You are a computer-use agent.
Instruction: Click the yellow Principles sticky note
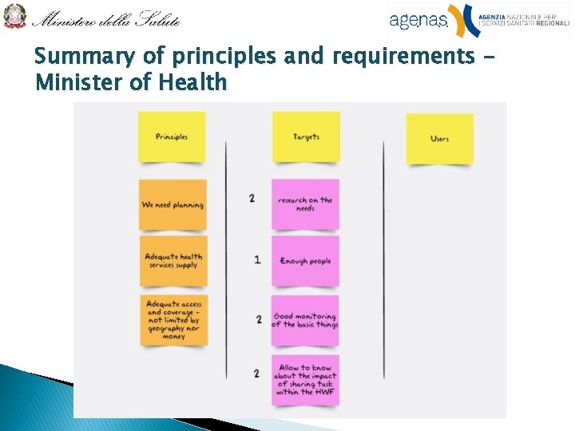coord(172,136)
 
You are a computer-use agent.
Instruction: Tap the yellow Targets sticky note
coord(306,136)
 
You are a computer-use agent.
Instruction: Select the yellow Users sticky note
coord(439,138)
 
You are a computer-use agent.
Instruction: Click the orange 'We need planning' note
coord(172,205)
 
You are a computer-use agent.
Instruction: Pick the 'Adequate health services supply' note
coord(173,260)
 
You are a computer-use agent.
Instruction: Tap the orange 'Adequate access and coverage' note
coord(173,320)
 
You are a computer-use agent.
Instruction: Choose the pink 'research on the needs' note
coord(305,204)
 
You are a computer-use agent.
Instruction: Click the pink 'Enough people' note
coord(305,261)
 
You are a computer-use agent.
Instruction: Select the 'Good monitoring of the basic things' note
coord(305,320)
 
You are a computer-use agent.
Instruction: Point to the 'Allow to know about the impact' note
coord(305,380)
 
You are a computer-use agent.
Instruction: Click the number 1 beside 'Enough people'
coord(257,259)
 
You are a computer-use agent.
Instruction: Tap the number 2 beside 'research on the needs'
coord(252,198)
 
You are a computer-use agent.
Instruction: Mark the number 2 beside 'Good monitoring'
coord(259,319)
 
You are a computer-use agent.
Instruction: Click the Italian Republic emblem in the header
coord(14,16)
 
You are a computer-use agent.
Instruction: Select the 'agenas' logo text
coord(418,20)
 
